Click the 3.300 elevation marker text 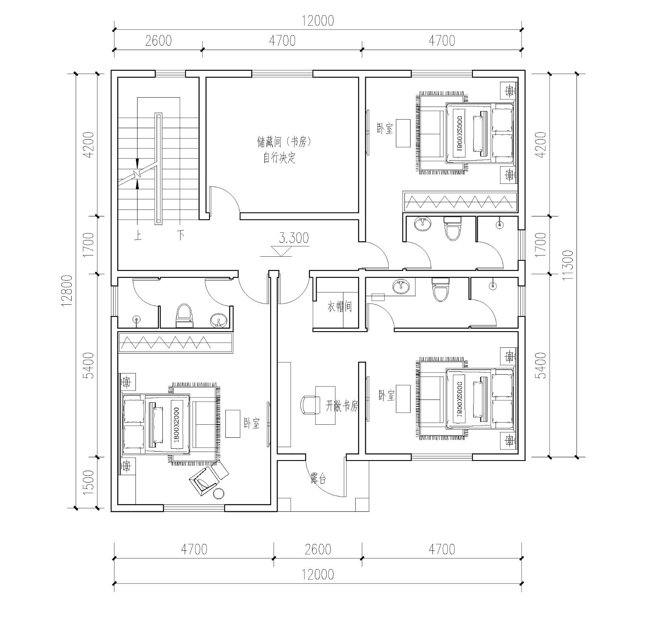point(294,238)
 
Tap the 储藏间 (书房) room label point(284,142)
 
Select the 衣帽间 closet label point(339,307)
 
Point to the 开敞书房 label point(342,406)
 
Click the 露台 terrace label point(318,479)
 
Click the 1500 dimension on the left point(88,482)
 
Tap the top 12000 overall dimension point(318,20)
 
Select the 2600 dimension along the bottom point(318,549)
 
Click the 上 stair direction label point(138,236)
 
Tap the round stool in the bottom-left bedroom point(218,493)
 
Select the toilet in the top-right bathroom point(452,229)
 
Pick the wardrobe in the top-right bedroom point(460,201)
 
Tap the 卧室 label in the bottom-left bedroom point(252,423)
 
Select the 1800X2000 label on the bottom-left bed point(176,425)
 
